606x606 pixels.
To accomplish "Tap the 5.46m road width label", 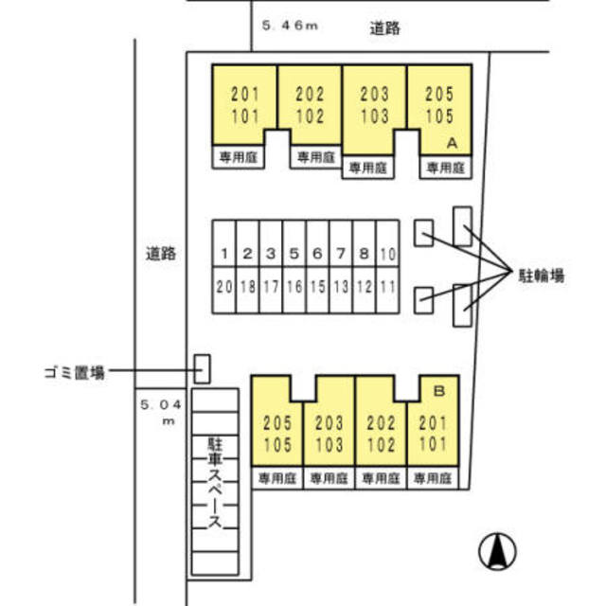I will [288, 27].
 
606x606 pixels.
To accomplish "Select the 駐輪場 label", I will [542, 276].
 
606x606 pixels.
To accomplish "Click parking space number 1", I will [223, 254].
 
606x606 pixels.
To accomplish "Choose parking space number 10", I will [388, 254].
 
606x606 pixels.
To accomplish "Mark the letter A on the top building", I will [452, 144].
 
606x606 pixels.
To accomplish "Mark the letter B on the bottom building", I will [439, 389].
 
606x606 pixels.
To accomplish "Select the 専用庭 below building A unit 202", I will [312, 158].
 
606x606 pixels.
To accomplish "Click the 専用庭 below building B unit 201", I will [432, 479].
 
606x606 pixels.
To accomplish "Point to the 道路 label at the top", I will [385, 28].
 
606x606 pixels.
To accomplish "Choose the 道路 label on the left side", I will [161, 254].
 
